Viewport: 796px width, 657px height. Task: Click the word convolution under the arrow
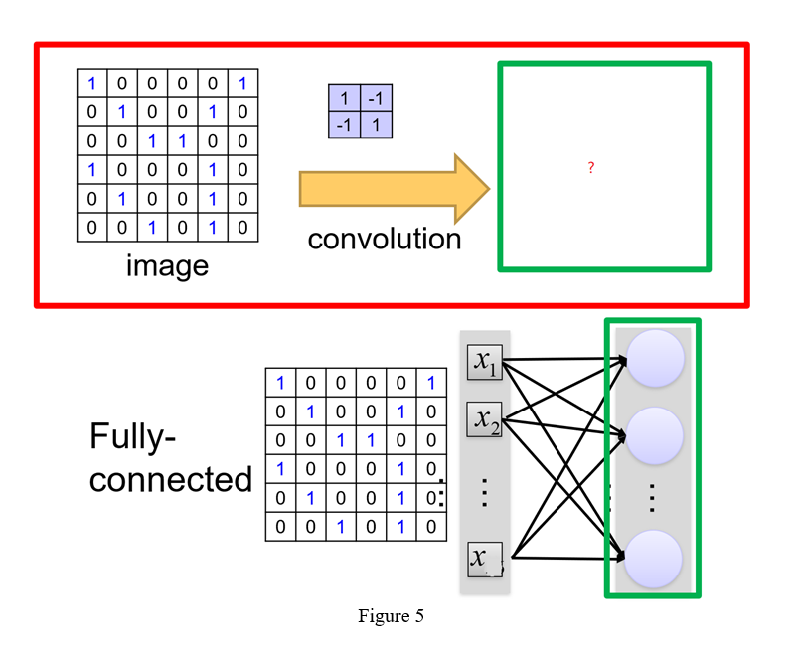tap(385, 239)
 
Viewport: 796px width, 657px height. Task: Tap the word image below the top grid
tap(167, 265)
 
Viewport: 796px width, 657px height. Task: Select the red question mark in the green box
tap(591, 168)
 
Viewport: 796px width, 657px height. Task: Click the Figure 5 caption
tap(391, 616)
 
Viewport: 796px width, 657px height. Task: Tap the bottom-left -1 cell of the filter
tap(344, 125)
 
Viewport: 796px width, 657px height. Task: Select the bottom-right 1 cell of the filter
tap(375, 125)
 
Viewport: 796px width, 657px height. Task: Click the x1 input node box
tap(485, 363)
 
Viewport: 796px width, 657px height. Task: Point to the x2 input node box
tap(485, 420)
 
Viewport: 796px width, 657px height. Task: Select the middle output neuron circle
tap(652, 434)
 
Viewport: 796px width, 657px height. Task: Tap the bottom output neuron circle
tap(652, 559)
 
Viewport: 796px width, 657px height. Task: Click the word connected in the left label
tap(171, 479)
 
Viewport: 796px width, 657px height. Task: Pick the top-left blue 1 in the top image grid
tap(91, 83)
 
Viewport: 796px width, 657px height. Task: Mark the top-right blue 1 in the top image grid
tap(242, 83)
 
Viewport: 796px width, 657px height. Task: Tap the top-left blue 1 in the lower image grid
tap(280, 383)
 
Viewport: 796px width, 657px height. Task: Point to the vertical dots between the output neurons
tap(652, 497)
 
